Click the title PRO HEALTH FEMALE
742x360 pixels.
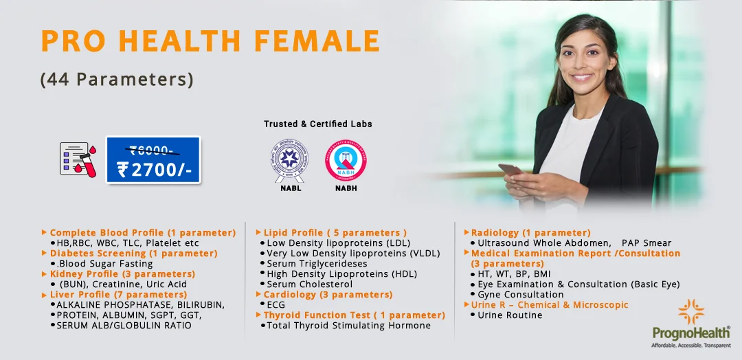210,42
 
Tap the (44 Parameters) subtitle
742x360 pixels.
117,80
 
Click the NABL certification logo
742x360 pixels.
289,160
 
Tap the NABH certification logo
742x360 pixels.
346,160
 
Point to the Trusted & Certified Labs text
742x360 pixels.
318,124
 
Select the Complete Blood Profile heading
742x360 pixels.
142,233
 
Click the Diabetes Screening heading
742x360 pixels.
133,254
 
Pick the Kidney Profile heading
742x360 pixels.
118,274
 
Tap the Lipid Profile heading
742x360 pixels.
335,233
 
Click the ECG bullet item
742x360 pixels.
276,305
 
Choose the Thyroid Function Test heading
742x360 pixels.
354,315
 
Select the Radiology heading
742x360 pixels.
530,233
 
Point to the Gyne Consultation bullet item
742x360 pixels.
520,295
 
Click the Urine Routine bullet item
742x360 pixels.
510,315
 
